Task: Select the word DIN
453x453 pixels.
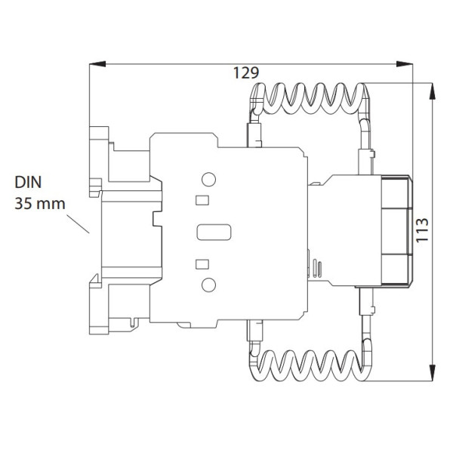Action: pyautogui.click(x=28, y=183)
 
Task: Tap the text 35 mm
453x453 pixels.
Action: pyautogui.click(x=39, y=203)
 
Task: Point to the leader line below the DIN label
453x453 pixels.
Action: pyautogui.click(x=78, y=224)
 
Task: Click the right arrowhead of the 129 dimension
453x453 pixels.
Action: pyautogui.click(x=408, y=65)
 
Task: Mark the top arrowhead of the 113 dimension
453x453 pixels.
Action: pyautogui.click(x=432, y=90)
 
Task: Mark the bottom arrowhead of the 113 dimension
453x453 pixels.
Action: pyautogui.click(x=432, y=371)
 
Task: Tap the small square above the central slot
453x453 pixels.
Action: pyautogui.click(x=202, y=200)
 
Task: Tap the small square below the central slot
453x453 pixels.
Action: pyautogui.click(x=202, y=263)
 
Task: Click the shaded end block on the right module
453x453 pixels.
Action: pyautogui.click(x=394, y=230)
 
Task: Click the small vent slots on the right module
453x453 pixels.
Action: pyautogui.click(x=316, y=269)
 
